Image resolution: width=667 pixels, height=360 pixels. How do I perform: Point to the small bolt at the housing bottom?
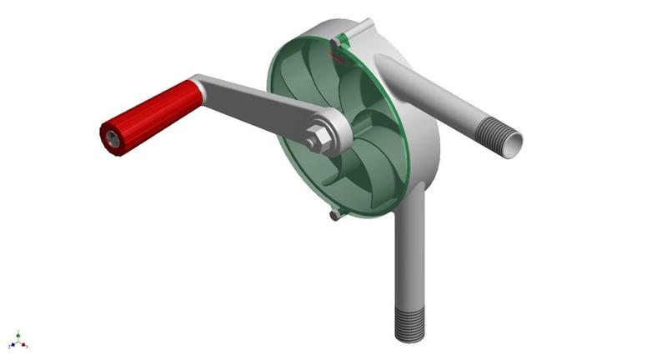pyautogui.click(x=334, y=215)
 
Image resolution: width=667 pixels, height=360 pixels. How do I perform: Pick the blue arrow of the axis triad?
pyautogui.click(x=12, y=344)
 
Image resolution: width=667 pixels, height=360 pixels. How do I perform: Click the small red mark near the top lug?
pyautogui.click(x=336, y=57)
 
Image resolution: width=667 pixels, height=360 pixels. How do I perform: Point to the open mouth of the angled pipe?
pyautogui.click(x=514, y=142)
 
